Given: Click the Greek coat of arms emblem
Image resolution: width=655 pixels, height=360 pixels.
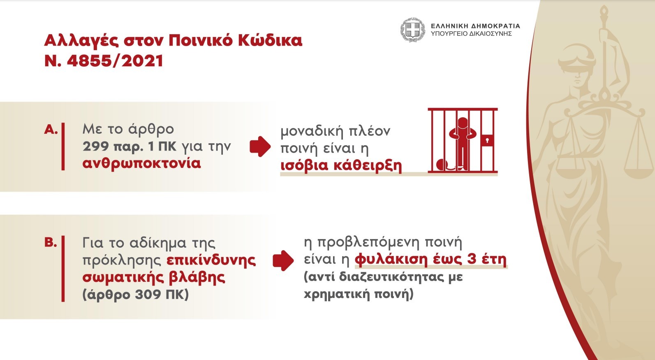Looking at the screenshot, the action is tap(412, 30).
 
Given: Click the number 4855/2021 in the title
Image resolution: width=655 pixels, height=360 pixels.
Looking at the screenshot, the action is tap(115, 61).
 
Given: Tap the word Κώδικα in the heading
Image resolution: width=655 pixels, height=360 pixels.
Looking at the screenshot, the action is tap(270, 40).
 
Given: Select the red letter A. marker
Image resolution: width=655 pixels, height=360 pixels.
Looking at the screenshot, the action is tap(51, 129).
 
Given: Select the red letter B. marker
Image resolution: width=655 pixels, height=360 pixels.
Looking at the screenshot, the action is tap(50, 242).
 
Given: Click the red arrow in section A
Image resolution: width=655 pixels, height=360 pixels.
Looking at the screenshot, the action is tap(260, 146).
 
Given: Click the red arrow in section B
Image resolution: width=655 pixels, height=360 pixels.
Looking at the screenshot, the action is tap(283, 260).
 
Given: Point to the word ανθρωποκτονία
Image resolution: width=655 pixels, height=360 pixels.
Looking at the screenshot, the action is tap(141, 163).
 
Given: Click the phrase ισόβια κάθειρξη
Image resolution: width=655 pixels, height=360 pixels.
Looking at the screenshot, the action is tap(341, 165).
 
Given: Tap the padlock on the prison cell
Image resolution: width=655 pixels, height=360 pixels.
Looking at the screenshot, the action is tap(487, 140).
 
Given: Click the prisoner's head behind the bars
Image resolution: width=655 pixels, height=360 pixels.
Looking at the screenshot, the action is tap(463, 123).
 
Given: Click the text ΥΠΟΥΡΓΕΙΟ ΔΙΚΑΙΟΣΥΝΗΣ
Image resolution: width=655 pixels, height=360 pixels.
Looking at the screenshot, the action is tap(471, 34).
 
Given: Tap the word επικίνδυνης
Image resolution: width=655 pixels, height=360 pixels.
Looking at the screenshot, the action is tap(211, 260).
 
